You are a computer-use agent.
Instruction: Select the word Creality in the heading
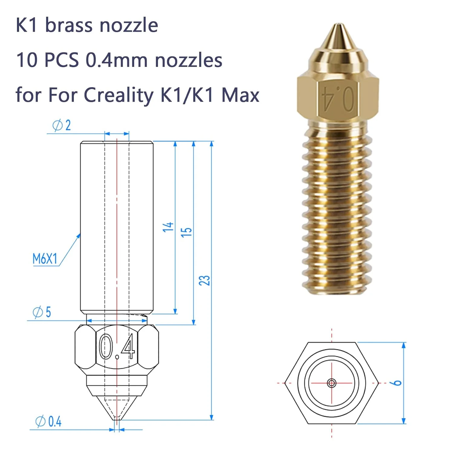[119, 95]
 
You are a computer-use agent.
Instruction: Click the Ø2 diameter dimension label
[61, 125]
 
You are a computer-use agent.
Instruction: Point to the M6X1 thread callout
[45, 259]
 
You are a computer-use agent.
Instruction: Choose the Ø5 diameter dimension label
[42, 312]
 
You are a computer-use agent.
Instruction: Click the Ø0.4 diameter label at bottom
[48, 422]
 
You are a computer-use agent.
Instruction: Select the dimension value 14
[168, 227]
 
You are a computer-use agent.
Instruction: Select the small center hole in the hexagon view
[332, 383]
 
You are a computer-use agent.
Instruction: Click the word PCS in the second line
[61, 60]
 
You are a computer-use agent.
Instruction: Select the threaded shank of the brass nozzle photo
[337, 209]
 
